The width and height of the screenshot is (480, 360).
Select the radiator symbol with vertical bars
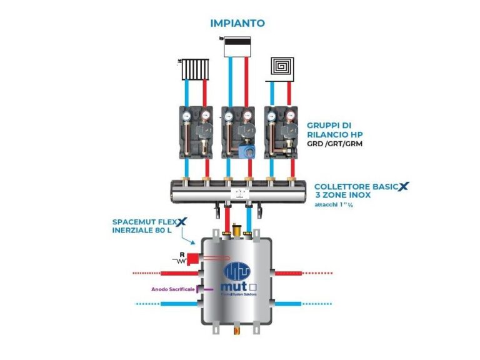(193, 69)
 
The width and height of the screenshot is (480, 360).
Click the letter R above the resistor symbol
(181, 254)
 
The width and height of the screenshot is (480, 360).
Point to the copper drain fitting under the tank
(236, 327)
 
